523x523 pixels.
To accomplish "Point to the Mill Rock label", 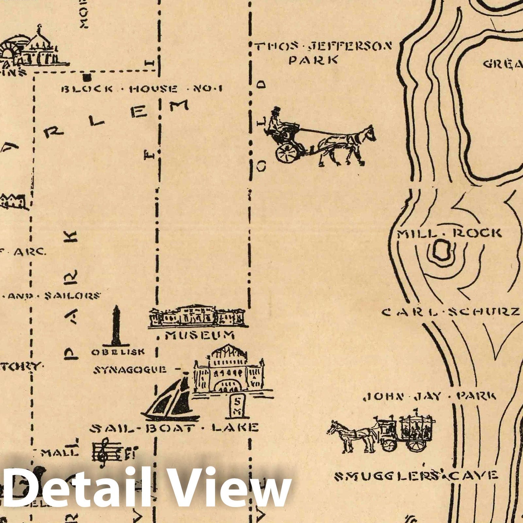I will [449, 233].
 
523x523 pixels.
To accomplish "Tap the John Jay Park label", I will [430, 397].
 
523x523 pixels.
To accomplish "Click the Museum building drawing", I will [198, 317].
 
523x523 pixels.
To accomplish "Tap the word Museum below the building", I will [199, 335].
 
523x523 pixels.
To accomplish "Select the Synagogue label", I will [130, 370].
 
